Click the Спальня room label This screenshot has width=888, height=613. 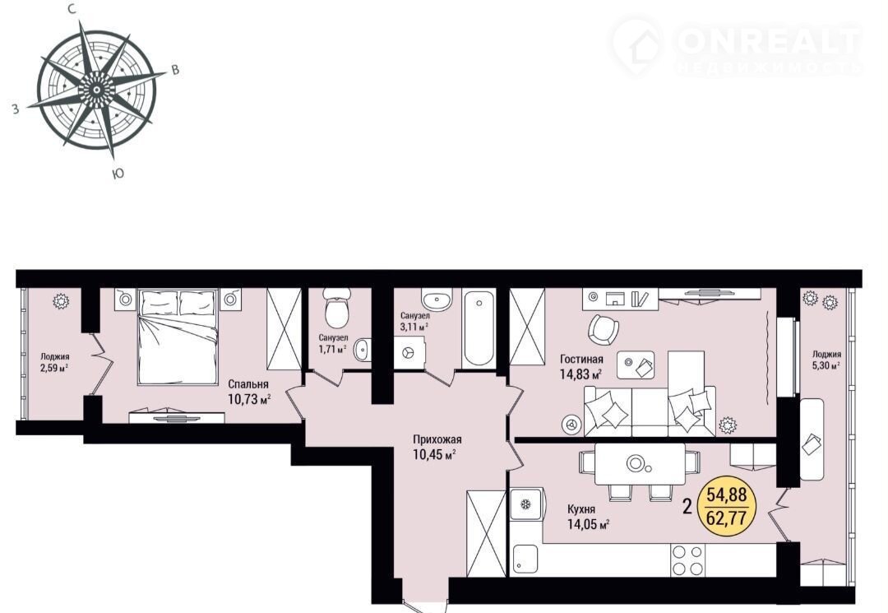pyautogui.click(x=248, y=385)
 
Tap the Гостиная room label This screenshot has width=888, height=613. pyautogui.click(x=581, y=360)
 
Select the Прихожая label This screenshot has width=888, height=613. pyautogui.click(x=437, y=439)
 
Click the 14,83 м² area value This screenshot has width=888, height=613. pyautogui.click(x=580, y=374)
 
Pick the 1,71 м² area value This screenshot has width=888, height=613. pyautogui.click(x=332, y=349)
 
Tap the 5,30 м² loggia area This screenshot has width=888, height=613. pyautogui.click(x=826, y=365)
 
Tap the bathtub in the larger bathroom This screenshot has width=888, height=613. pyautogui.click(x=479, y=327)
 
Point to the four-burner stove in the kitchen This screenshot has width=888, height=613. pyautogui.click(x=687, y=560)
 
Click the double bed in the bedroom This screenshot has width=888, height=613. pyautogui.click(x=178, y=336)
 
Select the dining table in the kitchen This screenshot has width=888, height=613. pyautogui.click(x=640, y=463)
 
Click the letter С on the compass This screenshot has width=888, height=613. pyautogui.click(x=72, y=8)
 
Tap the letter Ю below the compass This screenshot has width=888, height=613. pyautogui.click(x=118, y=174)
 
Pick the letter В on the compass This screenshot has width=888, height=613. pyautogui.click(x=176, y=70)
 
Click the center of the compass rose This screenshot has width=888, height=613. pyautogui.click(x=97, y=90)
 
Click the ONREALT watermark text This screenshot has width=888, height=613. pyautogui.click(x=768, y=40)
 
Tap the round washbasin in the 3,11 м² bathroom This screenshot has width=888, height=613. pyautogui.click(x=437, y=298)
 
